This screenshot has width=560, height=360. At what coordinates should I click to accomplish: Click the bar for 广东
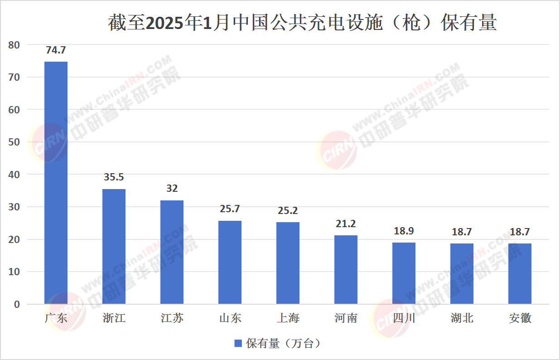[56, 183]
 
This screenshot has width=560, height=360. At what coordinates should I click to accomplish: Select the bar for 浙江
[114, 246]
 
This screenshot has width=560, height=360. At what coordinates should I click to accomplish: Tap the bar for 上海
[288, 263]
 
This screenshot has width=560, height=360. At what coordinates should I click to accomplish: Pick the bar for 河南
[346, 269]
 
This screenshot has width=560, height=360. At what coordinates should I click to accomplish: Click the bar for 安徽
[520, 273]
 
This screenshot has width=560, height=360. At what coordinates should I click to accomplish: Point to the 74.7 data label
[56, 50]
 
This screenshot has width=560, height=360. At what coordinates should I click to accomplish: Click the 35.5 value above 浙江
[114, 177]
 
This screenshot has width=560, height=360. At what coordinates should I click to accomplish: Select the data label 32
[172, 189]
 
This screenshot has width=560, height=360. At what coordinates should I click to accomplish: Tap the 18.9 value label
[404, 231]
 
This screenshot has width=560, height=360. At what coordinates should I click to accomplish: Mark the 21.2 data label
[346, 224]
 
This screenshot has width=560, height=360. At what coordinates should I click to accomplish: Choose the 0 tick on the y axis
[17, 304]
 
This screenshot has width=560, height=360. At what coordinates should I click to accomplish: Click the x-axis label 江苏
[172, 318]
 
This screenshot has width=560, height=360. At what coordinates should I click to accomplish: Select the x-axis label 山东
[230, 318]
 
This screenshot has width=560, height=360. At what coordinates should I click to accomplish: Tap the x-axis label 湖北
[462, 318]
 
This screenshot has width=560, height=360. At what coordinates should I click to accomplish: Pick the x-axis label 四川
[404, 318]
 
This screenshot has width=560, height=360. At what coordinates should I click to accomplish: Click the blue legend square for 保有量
[238, 344]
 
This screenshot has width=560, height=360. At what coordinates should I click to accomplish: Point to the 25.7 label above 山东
[230, 209]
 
